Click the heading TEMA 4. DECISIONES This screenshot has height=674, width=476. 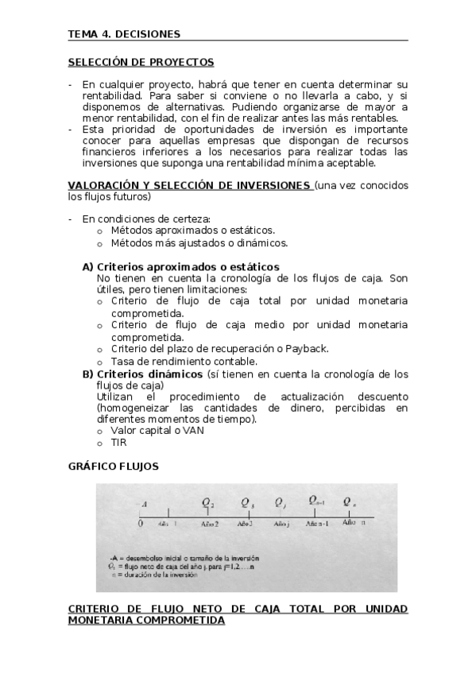pyautogui.click(x=124, y=34)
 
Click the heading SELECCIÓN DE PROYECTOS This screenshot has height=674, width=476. pyautogui.click(x=141, y=62)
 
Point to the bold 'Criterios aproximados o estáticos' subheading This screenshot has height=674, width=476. pyautogui.click(x=188, y=267)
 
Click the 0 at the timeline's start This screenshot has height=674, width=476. pyautogui.click(x=140, y=524)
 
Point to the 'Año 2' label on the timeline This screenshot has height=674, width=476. pyautogui.click(x=210, y=525)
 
